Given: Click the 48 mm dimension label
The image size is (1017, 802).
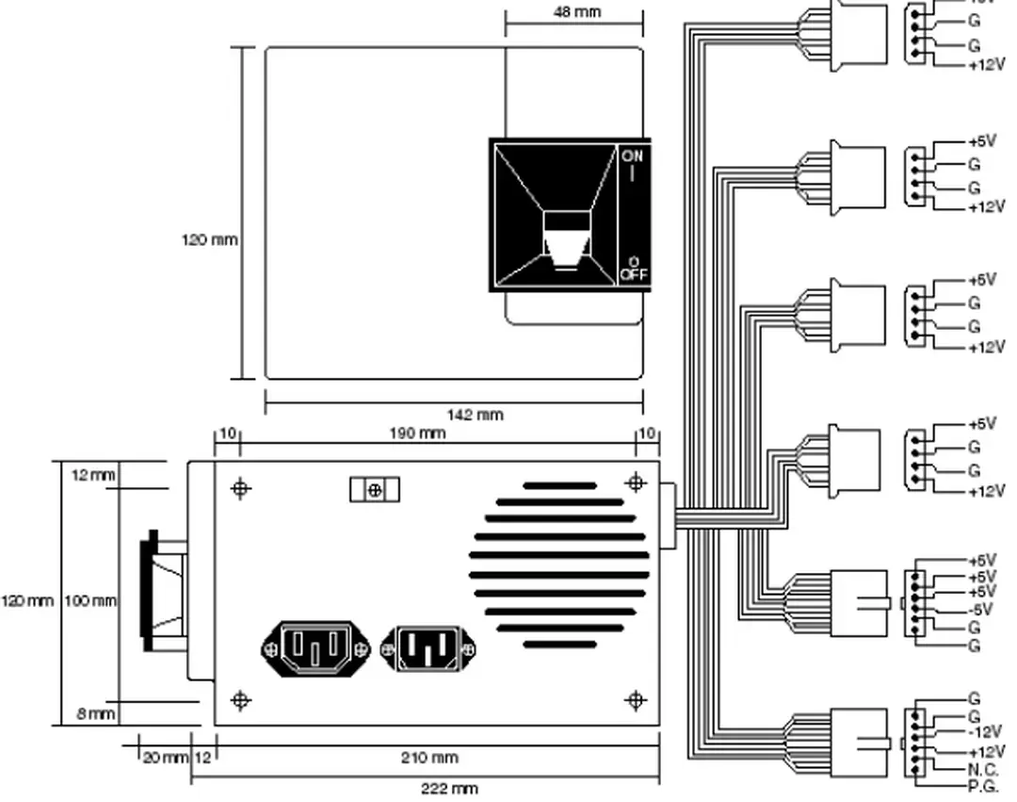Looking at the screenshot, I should click(x=576, y=13).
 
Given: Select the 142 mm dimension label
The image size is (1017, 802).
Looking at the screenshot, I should click(x=475, y=415).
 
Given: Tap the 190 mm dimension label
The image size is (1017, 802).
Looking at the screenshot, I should click(x=417, y=434).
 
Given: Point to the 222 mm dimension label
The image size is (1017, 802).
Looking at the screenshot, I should click(x=449, y=789).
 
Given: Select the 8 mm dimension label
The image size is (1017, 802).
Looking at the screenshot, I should click(x=95, y=714).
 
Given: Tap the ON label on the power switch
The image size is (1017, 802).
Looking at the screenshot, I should click(x=632, y=156).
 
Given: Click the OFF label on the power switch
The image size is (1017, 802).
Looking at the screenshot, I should click(x=632, y=274).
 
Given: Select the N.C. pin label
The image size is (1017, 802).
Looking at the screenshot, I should click(x=982, y=769).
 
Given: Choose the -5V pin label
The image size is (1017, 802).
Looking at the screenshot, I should click(x=981, y=609).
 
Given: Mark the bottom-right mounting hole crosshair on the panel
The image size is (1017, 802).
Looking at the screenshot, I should click(x=636, y=700).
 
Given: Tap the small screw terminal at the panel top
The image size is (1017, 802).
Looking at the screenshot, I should click(x=375, y=490).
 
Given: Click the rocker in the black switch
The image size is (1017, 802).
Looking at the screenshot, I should click(x=567, y=240).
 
